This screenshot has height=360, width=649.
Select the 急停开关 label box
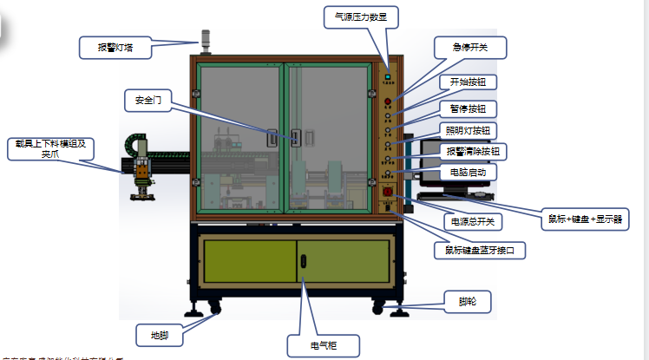[469, 48]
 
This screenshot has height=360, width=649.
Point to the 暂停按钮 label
[467, 108]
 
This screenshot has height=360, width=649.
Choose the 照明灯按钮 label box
[467, 131]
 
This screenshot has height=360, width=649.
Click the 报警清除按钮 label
[473, 152]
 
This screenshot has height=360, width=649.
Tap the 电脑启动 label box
[469, 173]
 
